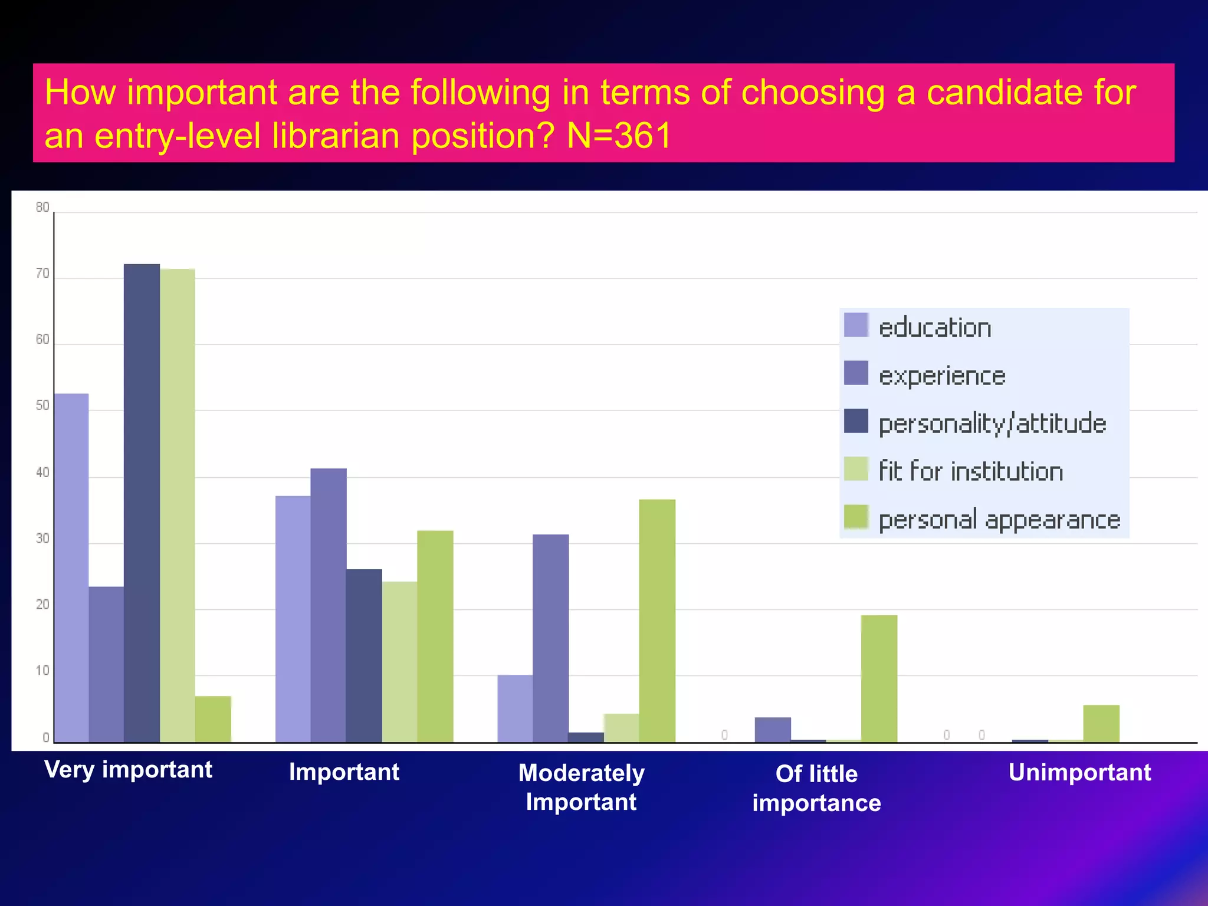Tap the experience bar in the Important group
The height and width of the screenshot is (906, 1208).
(329, 605)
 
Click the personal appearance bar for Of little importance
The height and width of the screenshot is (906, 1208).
(879, 678)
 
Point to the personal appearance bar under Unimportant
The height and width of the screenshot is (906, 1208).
(1101, 723)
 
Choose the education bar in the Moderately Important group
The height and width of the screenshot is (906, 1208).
(515, 708)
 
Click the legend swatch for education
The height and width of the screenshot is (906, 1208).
(856, 325)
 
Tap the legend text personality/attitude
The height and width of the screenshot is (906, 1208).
(992, 424)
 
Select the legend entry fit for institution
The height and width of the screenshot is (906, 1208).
(971, 471)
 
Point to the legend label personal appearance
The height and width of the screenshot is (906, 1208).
(999, 520)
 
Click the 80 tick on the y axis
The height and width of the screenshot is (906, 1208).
(42, 207)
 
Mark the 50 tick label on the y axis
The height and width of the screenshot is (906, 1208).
(42, 406)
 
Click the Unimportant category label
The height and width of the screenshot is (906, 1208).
(1079, 772)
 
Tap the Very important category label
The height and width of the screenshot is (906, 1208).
(129, 770)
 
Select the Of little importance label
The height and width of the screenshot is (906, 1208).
(816, 788)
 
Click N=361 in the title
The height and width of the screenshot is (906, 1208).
(619, 136)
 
